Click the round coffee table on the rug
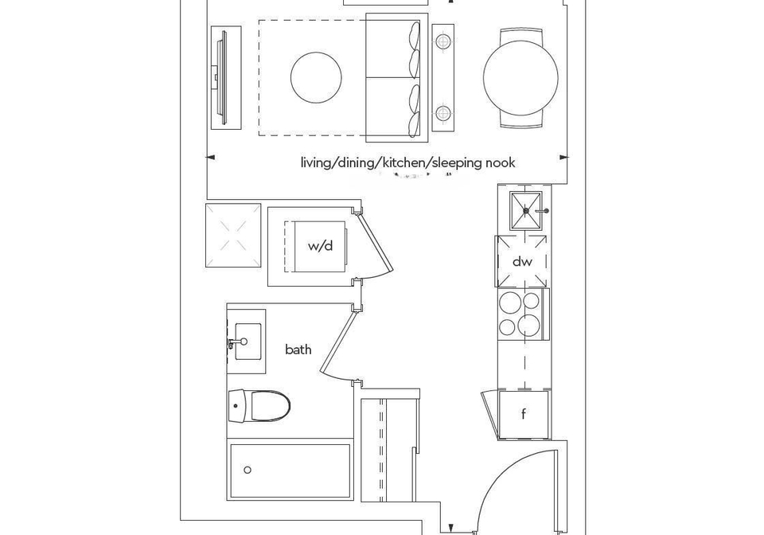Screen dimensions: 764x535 coord(316,77)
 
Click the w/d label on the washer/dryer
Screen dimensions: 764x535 coord(320,245)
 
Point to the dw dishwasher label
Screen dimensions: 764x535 coord(522,262)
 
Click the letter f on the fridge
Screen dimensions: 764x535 coord(524,414)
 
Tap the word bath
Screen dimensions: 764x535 coord(298,350)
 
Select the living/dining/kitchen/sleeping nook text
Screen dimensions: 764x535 coord(407,162)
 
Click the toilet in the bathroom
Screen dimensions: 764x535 coord(259,405)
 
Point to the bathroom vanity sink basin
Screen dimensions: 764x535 coord(248,341)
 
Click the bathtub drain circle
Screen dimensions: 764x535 coord(248,470)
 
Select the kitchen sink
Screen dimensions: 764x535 coord(525,210)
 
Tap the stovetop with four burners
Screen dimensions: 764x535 coord(522,314)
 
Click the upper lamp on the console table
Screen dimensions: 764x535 coord(443,41)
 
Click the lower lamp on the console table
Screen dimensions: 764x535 coord(443,114)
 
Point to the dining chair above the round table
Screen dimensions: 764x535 coord(520,35)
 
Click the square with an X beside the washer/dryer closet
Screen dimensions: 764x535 coord(233,236)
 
